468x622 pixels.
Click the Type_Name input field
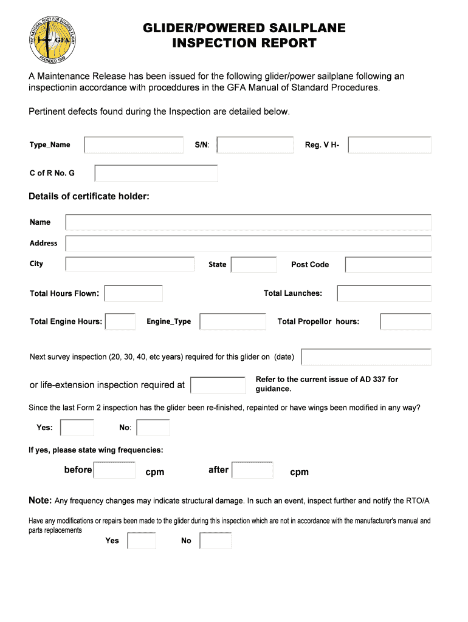(134, 145)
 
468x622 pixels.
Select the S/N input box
(255, 145)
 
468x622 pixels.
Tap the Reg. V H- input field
(390, 145)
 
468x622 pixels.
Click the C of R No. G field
(156, 173)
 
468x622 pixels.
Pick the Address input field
(248, 244)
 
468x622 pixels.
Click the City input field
(130, 264)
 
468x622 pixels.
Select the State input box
(254, 265)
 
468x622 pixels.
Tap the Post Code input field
(388, 265)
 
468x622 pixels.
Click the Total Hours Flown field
(134, 293)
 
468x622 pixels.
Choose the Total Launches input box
(384, 293)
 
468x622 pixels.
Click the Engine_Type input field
(233, 321)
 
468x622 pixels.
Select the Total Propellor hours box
(405, 321)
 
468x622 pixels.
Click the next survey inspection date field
(366, 357)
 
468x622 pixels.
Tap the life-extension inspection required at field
(218, 385)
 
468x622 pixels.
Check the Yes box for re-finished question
(78, 428)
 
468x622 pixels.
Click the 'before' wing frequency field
(115, 470)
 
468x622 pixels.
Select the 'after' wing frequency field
(253, 470)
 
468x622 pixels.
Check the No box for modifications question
(216, 541)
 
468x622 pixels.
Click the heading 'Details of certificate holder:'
(89, 196)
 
